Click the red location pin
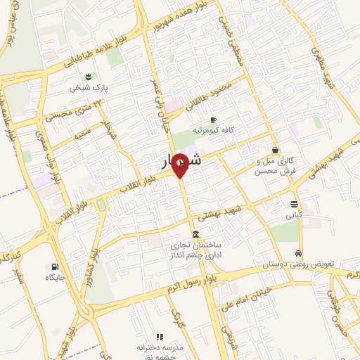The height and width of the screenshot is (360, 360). tap(180, 165)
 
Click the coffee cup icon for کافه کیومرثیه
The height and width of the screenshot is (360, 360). tap(213, 120)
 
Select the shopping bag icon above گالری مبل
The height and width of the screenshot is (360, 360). tap(275, 150)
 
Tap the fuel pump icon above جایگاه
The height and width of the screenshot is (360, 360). tap(54, 266)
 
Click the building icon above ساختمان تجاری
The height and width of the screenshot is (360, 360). tap(195, 234)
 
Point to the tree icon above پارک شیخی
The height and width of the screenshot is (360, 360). tap(87, 77)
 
